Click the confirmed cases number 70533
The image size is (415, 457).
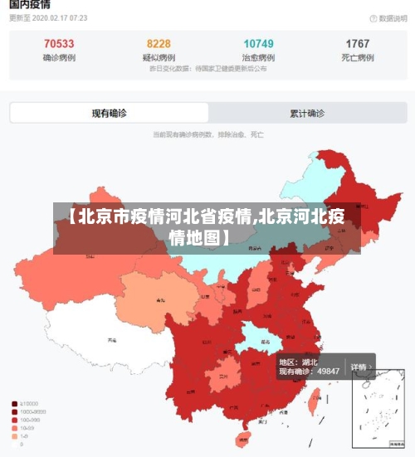click(58, 44)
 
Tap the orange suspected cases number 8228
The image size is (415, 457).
click(159, 44)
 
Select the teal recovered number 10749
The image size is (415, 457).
click(258, 44)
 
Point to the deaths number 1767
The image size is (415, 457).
click(358, 44)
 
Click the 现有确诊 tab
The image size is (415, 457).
click(109, 113)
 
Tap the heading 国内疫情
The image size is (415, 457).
click(27, 6)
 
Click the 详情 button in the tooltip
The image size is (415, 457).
click(359, 366)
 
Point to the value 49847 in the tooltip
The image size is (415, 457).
click(324, 371)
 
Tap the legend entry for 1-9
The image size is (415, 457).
click(25, 436)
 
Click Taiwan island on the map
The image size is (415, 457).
click(314, 401)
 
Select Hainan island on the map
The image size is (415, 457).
click(242, 438)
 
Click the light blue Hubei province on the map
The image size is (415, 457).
click(259, 336)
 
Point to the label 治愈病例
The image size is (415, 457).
click(258, 57)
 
